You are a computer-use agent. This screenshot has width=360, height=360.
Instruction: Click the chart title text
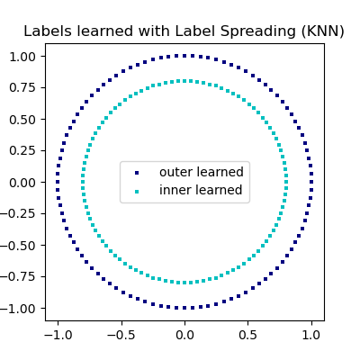point(184,31)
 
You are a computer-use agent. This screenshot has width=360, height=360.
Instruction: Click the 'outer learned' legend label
point(201,172)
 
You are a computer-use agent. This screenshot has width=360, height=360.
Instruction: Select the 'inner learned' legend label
point(201,190)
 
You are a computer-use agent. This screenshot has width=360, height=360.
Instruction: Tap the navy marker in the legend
point(137,172)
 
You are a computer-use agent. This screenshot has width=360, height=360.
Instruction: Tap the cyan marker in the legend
point(137,191)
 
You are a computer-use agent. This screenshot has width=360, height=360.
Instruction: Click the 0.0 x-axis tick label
point(184,334)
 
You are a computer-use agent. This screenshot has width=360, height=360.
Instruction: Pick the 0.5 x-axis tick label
point(247,334)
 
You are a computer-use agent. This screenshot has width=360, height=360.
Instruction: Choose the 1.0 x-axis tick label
point(311,334)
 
